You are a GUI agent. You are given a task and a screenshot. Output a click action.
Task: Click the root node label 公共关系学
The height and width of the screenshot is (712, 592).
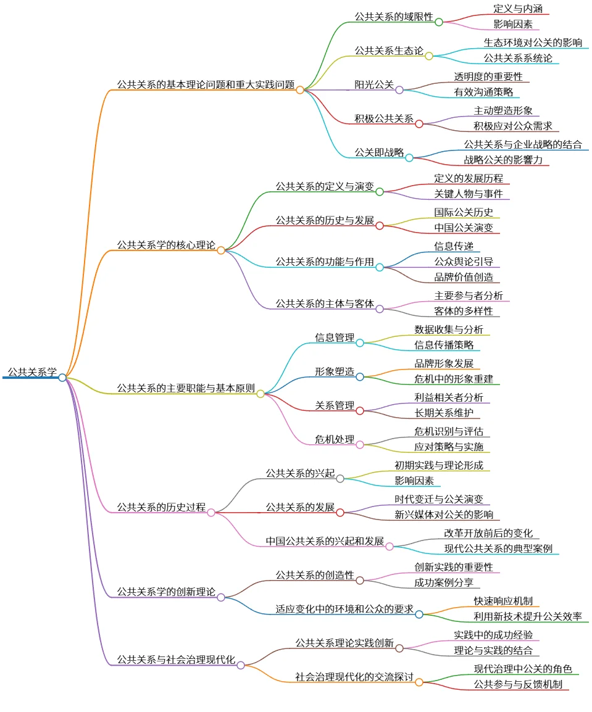[32, 372]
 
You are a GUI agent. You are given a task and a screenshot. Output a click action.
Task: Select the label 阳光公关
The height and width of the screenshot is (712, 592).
[373, 85]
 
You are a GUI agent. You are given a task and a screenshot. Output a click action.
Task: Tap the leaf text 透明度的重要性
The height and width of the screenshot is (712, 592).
[488, 77]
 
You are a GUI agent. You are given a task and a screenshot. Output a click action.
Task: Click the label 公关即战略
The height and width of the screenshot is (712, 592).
[378, 152]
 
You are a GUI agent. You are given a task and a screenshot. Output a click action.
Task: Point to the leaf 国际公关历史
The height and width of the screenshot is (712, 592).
[463, 212]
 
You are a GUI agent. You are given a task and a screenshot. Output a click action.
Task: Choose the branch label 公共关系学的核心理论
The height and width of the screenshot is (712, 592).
[166, 245]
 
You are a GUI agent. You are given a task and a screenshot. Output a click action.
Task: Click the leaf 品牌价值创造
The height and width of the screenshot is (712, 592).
[463, 277]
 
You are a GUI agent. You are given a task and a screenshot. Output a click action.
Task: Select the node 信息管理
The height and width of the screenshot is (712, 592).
[335, 337]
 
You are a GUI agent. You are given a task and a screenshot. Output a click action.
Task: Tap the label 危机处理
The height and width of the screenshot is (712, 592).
[335, 439]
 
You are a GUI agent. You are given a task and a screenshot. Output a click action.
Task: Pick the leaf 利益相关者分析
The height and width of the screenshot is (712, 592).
[448, 397]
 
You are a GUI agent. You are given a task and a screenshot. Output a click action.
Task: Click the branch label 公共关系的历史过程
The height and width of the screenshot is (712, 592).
[161, 507]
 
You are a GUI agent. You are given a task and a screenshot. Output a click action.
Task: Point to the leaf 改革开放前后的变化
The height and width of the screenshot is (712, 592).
[488, 533]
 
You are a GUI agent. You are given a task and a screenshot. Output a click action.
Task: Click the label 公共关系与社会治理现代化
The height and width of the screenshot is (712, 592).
[176, 660]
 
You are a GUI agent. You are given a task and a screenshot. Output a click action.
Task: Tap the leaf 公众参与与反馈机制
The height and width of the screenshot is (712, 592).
[517, 684]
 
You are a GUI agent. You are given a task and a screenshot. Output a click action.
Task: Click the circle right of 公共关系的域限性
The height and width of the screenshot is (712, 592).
[439, 22]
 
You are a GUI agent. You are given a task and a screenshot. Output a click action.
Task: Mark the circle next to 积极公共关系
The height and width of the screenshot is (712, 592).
[419, 123]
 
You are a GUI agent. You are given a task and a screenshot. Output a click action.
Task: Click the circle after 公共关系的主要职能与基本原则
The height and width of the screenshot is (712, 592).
[261, 394]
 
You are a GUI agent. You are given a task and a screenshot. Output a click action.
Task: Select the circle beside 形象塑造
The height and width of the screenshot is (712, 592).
[360, 376]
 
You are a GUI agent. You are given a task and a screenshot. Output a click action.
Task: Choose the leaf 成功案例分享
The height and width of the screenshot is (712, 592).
[443, 582]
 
